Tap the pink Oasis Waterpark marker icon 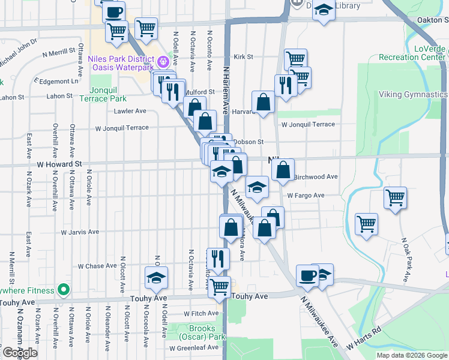point(163,61)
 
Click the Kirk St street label point(243,57)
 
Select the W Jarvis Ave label point(80,232)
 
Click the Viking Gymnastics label point(413,95)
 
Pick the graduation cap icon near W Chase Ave point(157,277)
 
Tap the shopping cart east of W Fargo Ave point(395,197)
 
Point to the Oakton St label point(433,20)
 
